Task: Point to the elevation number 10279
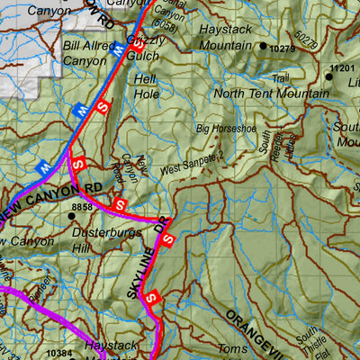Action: [x=283, y=47]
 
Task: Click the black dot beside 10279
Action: [x=263, y=46]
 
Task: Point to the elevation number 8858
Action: [x=82, y=207]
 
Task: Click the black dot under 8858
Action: [x=71, y=216]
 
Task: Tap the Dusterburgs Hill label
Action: [x=94, y=238]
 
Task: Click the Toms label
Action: [x=231, y=349]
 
